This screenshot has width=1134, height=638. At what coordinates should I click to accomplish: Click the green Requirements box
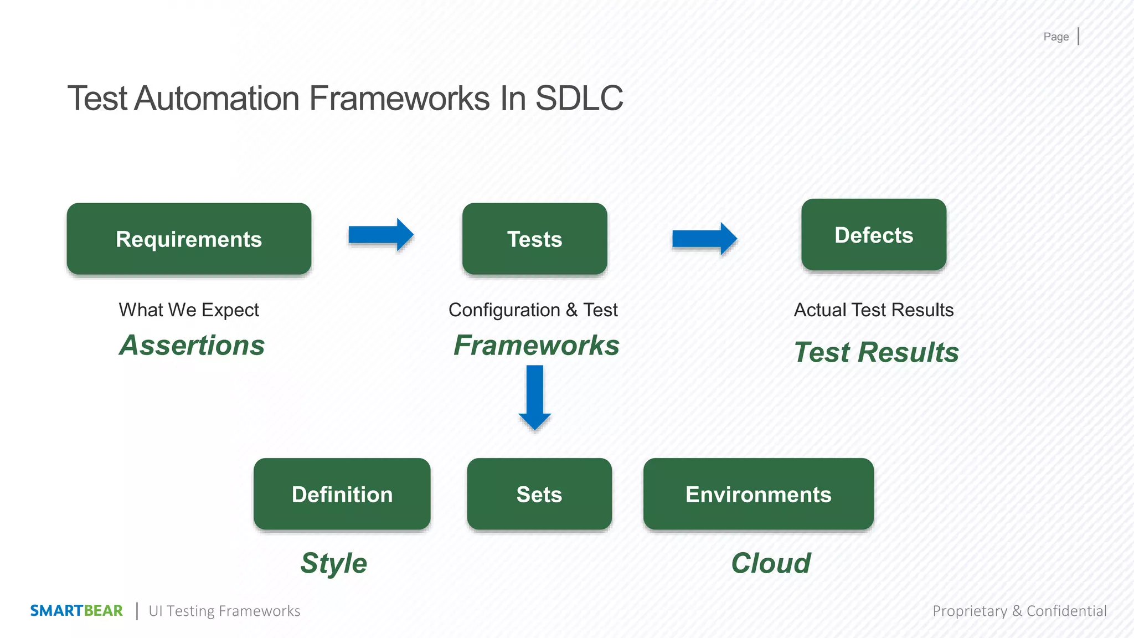pos(189,239)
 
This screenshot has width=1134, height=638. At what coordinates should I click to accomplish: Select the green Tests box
pos(534,239)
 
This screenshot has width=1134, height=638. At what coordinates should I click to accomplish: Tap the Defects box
pos(873,235)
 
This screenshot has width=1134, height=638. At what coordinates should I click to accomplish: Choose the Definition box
pos(342,494)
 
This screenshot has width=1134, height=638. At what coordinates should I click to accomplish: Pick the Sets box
pos(539,494)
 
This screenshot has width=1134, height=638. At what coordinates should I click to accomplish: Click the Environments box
pos(758,494)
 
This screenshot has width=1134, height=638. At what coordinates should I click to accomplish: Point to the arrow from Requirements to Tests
pos(381,235)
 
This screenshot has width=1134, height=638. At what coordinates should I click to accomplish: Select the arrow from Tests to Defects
pos(704,239)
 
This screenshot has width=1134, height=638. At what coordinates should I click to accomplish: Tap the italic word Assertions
pos(192,346)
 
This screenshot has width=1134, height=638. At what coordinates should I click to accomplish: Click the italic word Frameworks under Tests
pos(536,346)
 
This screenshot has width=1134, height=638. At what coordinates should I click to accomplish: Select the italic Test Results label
pos(876,352)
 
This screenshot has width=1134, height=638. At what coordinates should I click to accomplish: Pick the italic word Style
pos(333,563)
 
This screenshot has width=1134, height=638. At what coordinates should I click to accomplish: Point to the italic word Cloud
pos(770,563)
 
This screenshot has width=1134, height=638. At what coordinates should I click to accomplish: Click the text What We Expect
pos(189,310)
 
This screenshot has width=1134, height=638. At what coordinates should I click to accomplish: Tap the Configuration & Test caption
pos(533,310)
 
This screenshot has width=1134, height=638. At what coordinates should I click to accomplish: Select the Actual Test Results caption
pos(873,310)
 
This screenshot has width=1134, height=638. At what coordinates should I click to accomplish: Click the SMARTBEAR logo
pos(76,610)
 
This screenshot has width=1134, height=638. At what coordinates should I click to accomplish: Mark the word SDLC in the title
pos(579,99)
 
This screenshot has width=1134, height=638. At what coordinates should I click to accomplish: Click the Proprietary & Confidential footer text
pos(1019,610)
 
